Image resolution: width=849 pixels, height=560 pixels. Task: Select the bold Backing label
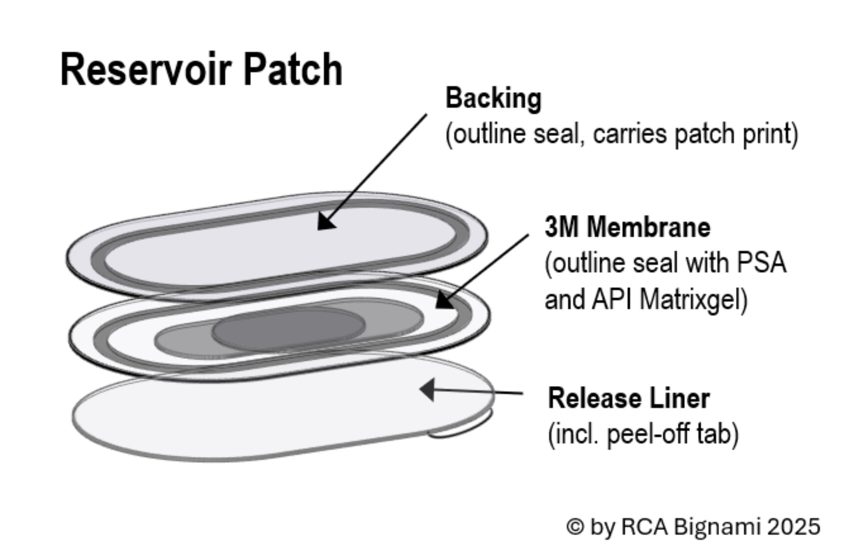click(x=493, y=98)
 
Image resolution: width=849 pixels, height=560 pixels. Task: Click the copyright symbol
click(x=576, y=526)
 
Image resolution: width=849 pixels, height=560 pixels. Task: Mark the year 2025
click(x=794, y=526)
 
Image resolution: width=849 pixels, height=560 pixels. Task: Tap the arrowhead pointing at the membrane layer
click(x=444, y=300)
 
